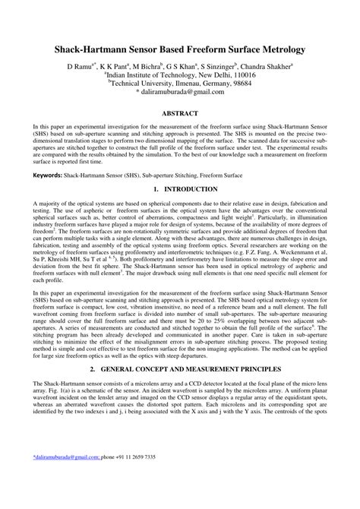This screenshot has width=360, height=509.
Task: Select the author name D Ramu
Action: [x=83, y=67]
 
